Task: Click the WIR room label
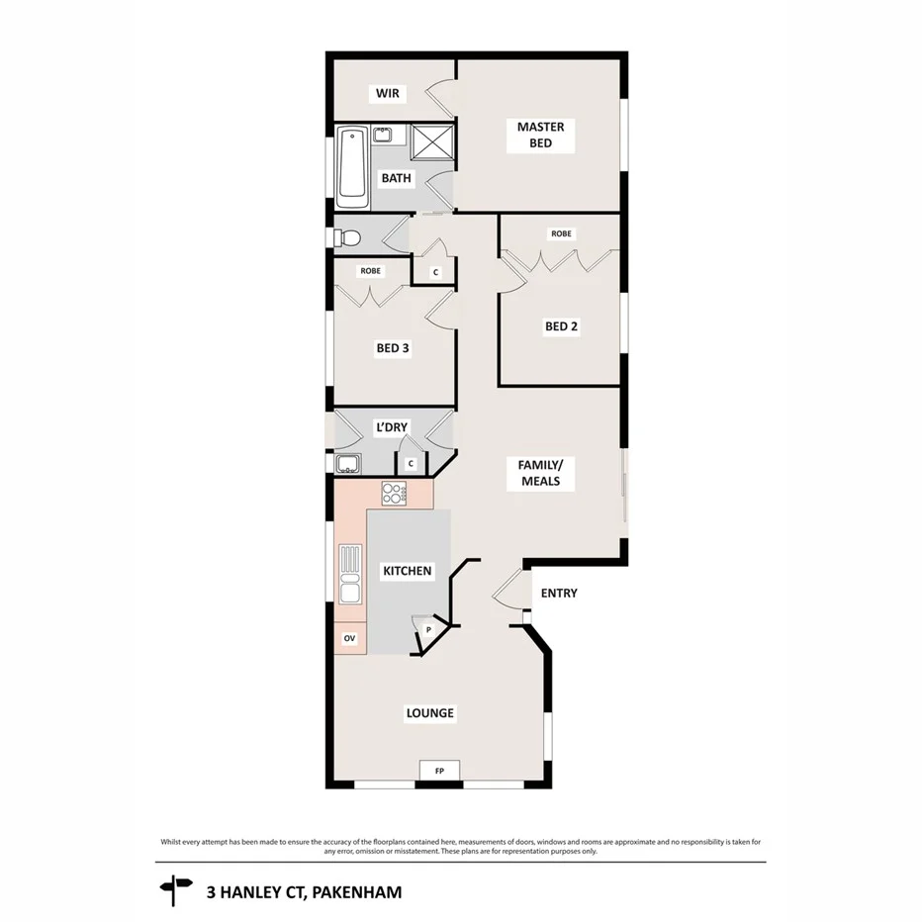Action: coord(386,94)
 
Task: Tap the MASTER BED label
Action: coord(540,135)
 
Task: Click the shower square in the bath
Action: coord(432,140)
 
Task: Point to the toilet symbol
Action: coord(347,237)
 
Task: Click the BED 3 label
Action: coord(393,348)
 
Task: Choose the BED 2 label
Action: coord(561,326)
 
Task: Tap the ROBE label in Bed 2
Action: coord(561,234)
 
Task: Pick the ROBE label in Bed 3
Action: coord(370,271)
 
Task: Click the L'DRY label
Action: coord(391,427)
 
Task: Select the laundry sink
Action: coord(348,463)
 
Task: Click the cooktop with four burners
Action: coord(395,492)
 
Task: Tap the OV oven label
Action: coord(349,639)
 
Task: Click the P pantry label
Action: coord(428,629)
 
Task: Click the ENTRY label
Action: coord(559,594)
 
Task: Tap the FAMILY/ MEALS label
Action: coord(539,473)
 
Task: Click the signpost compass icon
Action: coord(175,890)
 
